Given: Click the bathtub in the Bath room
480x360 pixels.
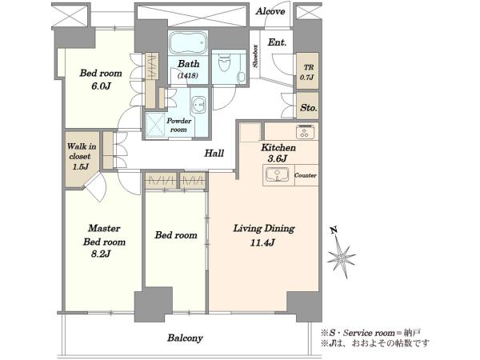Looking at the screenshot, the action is (188, 42).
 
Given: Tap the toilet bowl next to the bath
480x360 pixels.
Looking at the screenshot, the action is (224, 62).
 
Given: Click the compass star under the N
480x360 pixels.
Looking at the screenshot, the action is (342, 258).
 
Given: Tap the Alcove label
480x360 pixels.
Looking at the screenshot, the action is (270, 12).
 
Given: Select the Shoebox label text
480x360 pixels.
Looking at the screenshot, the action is (254, 56).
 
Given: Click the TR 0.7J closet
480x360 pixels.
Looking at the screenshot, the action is (307, 71).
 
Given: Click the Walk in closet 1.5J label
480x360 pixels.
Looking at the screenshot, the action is (81, 156).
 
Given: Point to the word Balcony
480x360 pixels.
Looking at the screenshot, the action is (185, 338).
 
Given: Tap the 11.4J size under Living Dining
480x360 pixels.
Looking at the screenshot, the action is (262, 242).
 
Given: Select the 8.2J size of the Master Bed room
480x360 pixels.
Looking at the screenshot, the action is (101, 254).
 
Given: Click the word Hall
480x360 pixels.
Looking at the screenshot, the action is (214, 153).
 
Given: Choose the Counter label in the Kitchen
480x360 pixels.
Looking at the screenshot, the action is (306, 175).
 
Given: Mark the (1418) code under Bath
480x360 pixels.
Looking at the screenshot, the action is (188, 75).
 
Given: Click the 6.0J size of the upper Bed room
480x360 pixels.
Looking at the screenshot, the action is (101, 86).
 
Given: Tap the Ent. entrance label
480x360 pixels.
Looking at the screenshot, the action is (277, 42).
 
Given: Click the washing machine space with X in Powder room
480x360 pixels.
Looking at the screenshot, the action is (155, 125).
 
